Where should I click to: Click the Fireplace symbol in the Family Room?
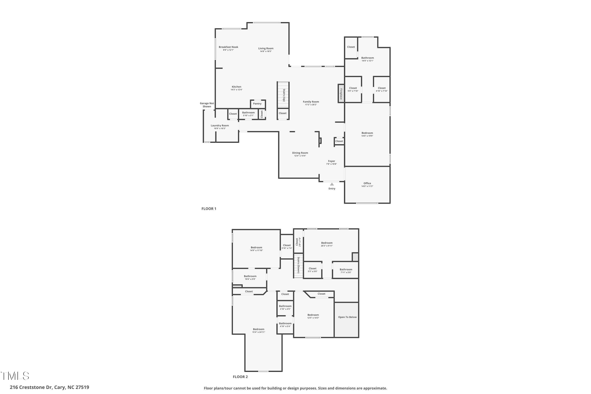pos(341,93)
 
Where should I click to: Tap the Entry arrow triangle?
pos(332,184)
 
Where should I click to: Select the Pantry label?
pos(257,104)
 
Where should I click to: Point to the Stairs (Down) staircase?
pos(298,265)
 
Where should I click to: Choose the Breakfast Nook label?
pos(228,47)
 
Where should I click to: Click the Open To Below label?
pos(347,317)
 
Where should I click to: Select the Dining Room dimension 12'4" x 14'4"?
pos(300,156)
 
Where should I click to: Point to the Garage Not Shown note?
pos(207,105)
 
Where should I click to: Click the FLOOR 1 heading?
pos(209,209)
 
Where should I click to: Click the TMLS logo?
pos(15,376)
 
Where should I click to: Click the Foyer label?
pos(331,161)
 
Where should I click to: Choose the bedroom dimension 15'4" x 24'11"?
pos(258,332)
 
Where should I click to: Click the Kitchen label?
pos(236,87)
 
